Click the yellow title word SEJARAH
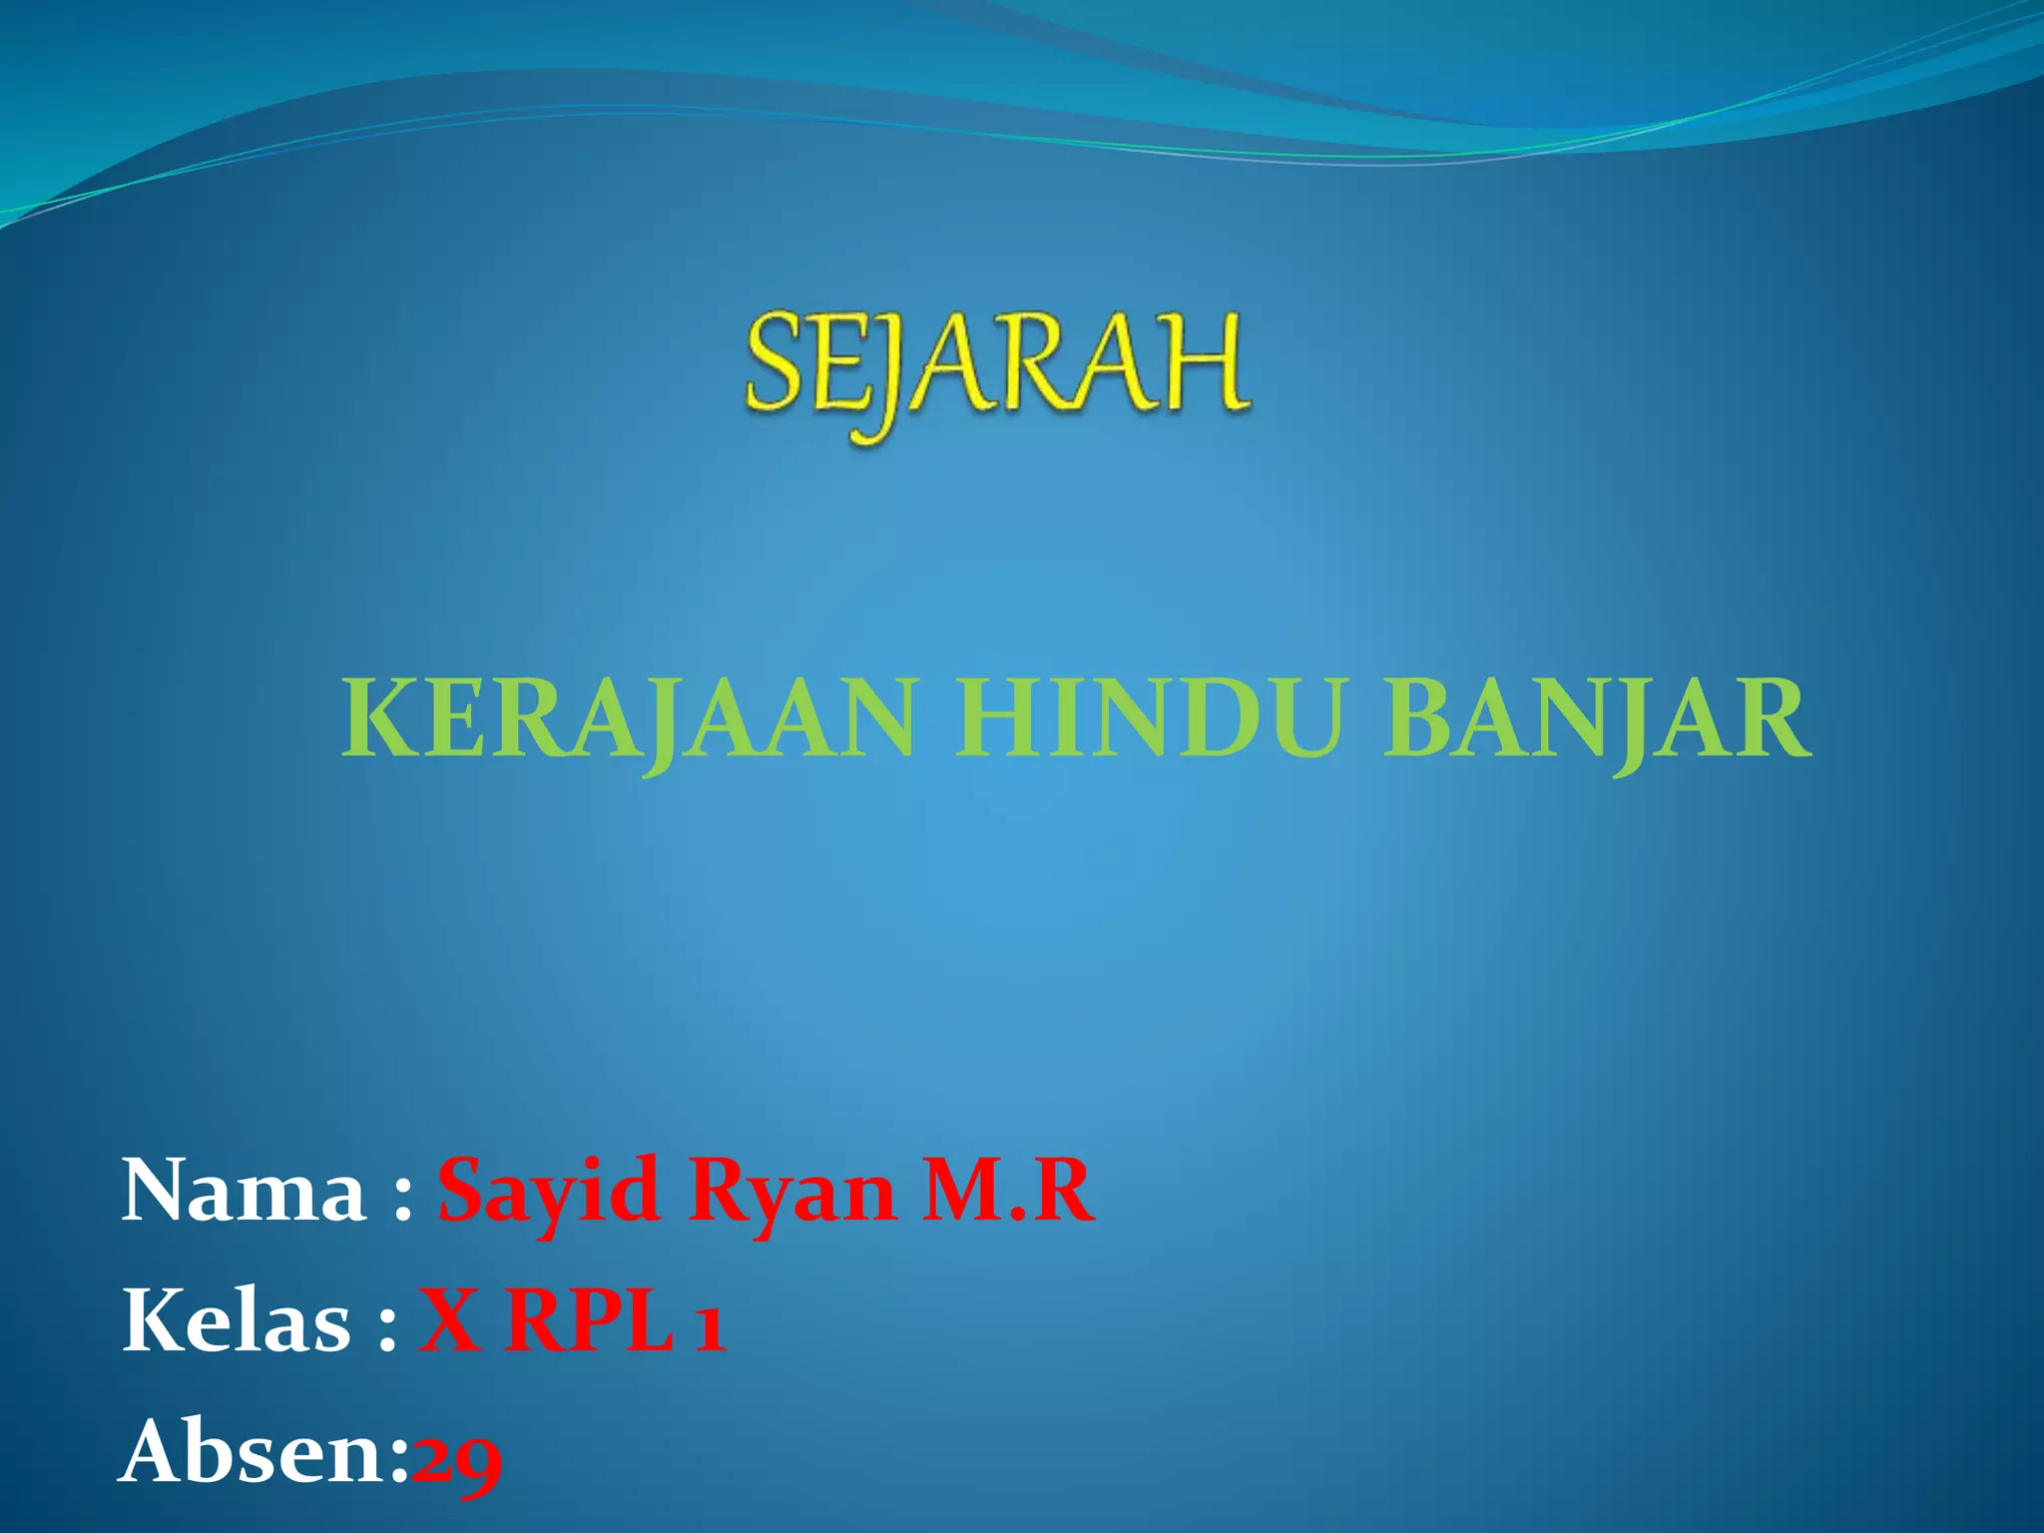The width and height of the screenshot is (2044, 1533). pyautogui.click(x=996, y=363)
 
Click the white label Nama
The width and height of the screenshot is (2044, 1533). pyautogui.click(x=244, y=1192)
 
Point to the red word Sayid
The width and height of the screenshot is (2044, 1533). pyautogui.click(x=548, y=1192)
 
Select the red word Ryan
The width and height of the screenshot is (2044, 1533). pyautogui.click(x=791, y=1192)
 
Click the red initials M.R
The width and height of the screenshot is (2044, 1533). pyautogui.click(x=1008, y=1192)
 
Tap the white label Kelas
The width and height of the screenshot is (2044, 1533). pyautogui.click(x=237, y=1321)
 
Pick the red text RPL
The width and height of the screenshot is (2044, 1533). pyautogui.click(x=588, y=1321)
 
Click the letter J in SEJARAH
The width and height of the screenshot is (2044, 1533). pyautogui.click(x=879, y=374)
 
